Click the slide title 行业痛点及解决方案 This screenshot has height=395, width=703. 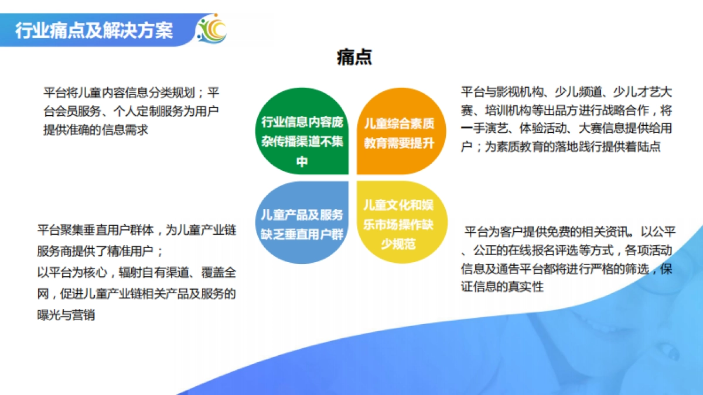pyautogui.click(x=94, y=30)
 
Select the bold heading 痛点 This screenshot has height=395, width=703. pyautogui.click(x=354, y=57)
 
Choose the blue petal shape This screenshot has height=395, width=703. pyautogui.click(x=302, y=222)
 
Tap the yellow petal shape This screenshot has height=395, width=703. pyautogui.click(x=398, y=222)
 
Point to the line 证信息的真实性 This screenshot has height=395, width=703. pyautogui.click(x=503, y=287)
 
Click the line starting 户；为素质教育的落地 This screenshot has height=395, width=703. pyautogui.click(x=561, y=147)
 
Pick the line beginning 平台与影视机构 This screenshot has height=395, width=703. pyautogui.click(x=566, y=92)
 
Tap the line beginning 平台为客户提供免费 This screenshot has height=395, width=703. pyautogui.click(x=568, y=230)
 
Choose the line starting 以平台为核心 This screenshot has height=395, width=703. pyautogui.click(x=136, y=273)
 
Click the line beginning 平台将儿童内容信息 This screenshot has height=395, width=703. pyautogui.click(x=132, y=92)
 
